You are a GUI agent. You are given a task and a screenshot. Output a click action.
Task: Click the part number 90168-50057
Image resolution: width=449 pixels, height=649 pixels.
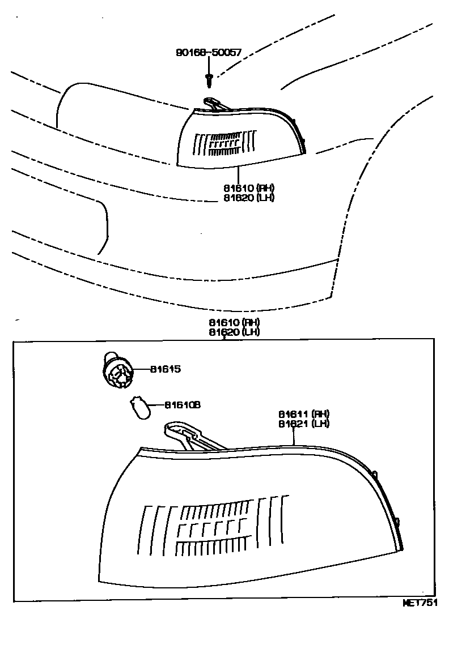(208, 53)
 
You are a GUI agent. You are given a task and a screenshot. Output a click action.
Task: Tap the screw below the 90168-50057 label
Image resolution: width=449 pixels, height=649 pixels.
(209, 79)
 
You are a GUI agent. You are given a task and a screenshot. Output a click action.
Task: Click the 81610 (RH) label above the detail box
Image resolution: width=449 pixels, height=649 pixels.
(234, 322)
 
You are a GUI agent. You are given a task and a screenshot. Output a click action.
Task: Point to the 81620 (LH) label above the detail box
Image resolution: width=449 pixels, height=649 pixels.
(234, 332)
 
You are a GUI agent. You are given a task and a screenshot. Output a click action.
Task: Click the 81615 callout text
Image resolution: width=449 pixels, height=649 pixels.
(165, 369)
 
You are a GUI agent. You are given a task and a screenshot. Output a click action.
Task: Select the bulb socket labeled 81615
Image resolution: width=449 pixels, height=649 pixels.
(117, 370)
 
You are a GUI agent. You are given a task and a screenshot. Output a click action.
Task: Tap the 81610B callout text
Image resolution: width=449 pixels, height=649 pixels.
(183, 405)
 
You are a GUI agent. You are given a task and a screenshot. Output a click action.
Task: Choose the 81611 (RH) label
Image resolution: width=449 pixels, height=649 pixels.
(303, 414)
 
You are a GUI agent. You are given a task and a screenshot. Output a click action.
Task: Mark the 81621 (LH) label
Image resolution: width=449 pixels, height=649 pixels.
(303, 423)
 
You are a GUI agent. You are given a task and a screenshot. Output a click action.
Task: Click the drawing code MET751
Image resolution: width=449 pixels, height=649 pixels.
(421, 603)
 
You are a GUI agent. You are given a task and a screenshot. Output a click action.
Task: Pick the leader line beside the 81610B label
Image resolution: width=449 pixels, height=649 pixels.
(156, 405)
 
